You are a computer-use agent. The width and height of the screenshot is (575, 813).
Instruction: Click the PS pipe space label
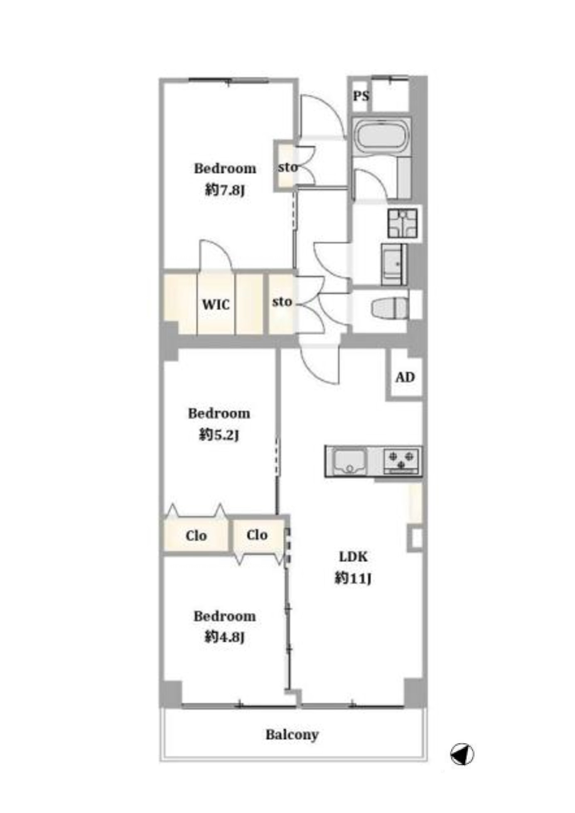pyautogui.click(x=361, y=96)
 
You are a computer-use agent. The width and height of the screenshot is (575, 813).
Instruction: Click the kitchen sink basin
pyautogui.click(x=350, y=461)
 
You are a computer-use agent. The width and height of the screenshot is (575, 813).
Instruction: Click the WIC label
pyautogui.click(x=216, y=305)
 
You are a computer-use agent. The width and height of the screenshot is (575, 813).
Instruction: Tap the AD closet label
pyautogui.click(x=405, y=377)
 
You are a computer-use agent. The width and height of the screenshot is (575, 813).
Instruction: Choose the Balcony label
pyautogui.click(x=292, y=734)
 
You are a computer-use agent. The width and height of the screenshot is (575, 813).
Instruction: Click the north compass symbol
pyautogui.click(x=462, y=754)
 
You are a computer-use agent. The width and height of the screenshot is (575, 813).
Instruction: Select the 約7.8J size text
pyautogui.click(x=224, y=190)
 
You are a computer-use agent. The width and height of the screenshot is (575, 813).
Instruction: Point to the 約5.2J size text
pyautogui.click(x=219, y=435)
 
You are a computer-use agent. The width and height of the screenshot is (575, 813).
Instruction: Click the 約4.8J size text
pyautogui.click(x=224, y=636)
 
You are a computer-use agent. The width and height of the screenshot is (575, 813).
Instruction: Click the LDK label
pyautogui.click(x=353, y=557)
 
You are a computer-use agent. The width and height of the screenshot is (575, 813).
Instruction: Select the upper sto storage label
pyautogui.click(x=288, y=167)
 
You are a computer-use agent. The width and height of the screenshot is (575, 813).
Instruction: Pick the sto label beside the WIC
pyautogui.click(x=282, y=302)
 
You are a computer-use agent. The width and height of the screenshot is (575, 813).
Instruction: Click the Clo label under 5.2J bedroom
pyautogui.click(x=196, y=535)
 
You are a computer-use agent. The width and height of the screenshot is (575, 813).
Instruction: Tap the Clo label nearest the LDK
pyautogui.click(x=257, y=535)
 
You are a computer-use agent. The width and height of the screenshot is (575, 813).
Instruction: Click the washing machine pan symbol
pyautogui.click(x=402, y=224)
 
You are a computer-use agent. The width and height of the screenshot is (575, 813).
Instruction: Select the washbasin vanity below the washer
pyautogui.click(x=394, y=264)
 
